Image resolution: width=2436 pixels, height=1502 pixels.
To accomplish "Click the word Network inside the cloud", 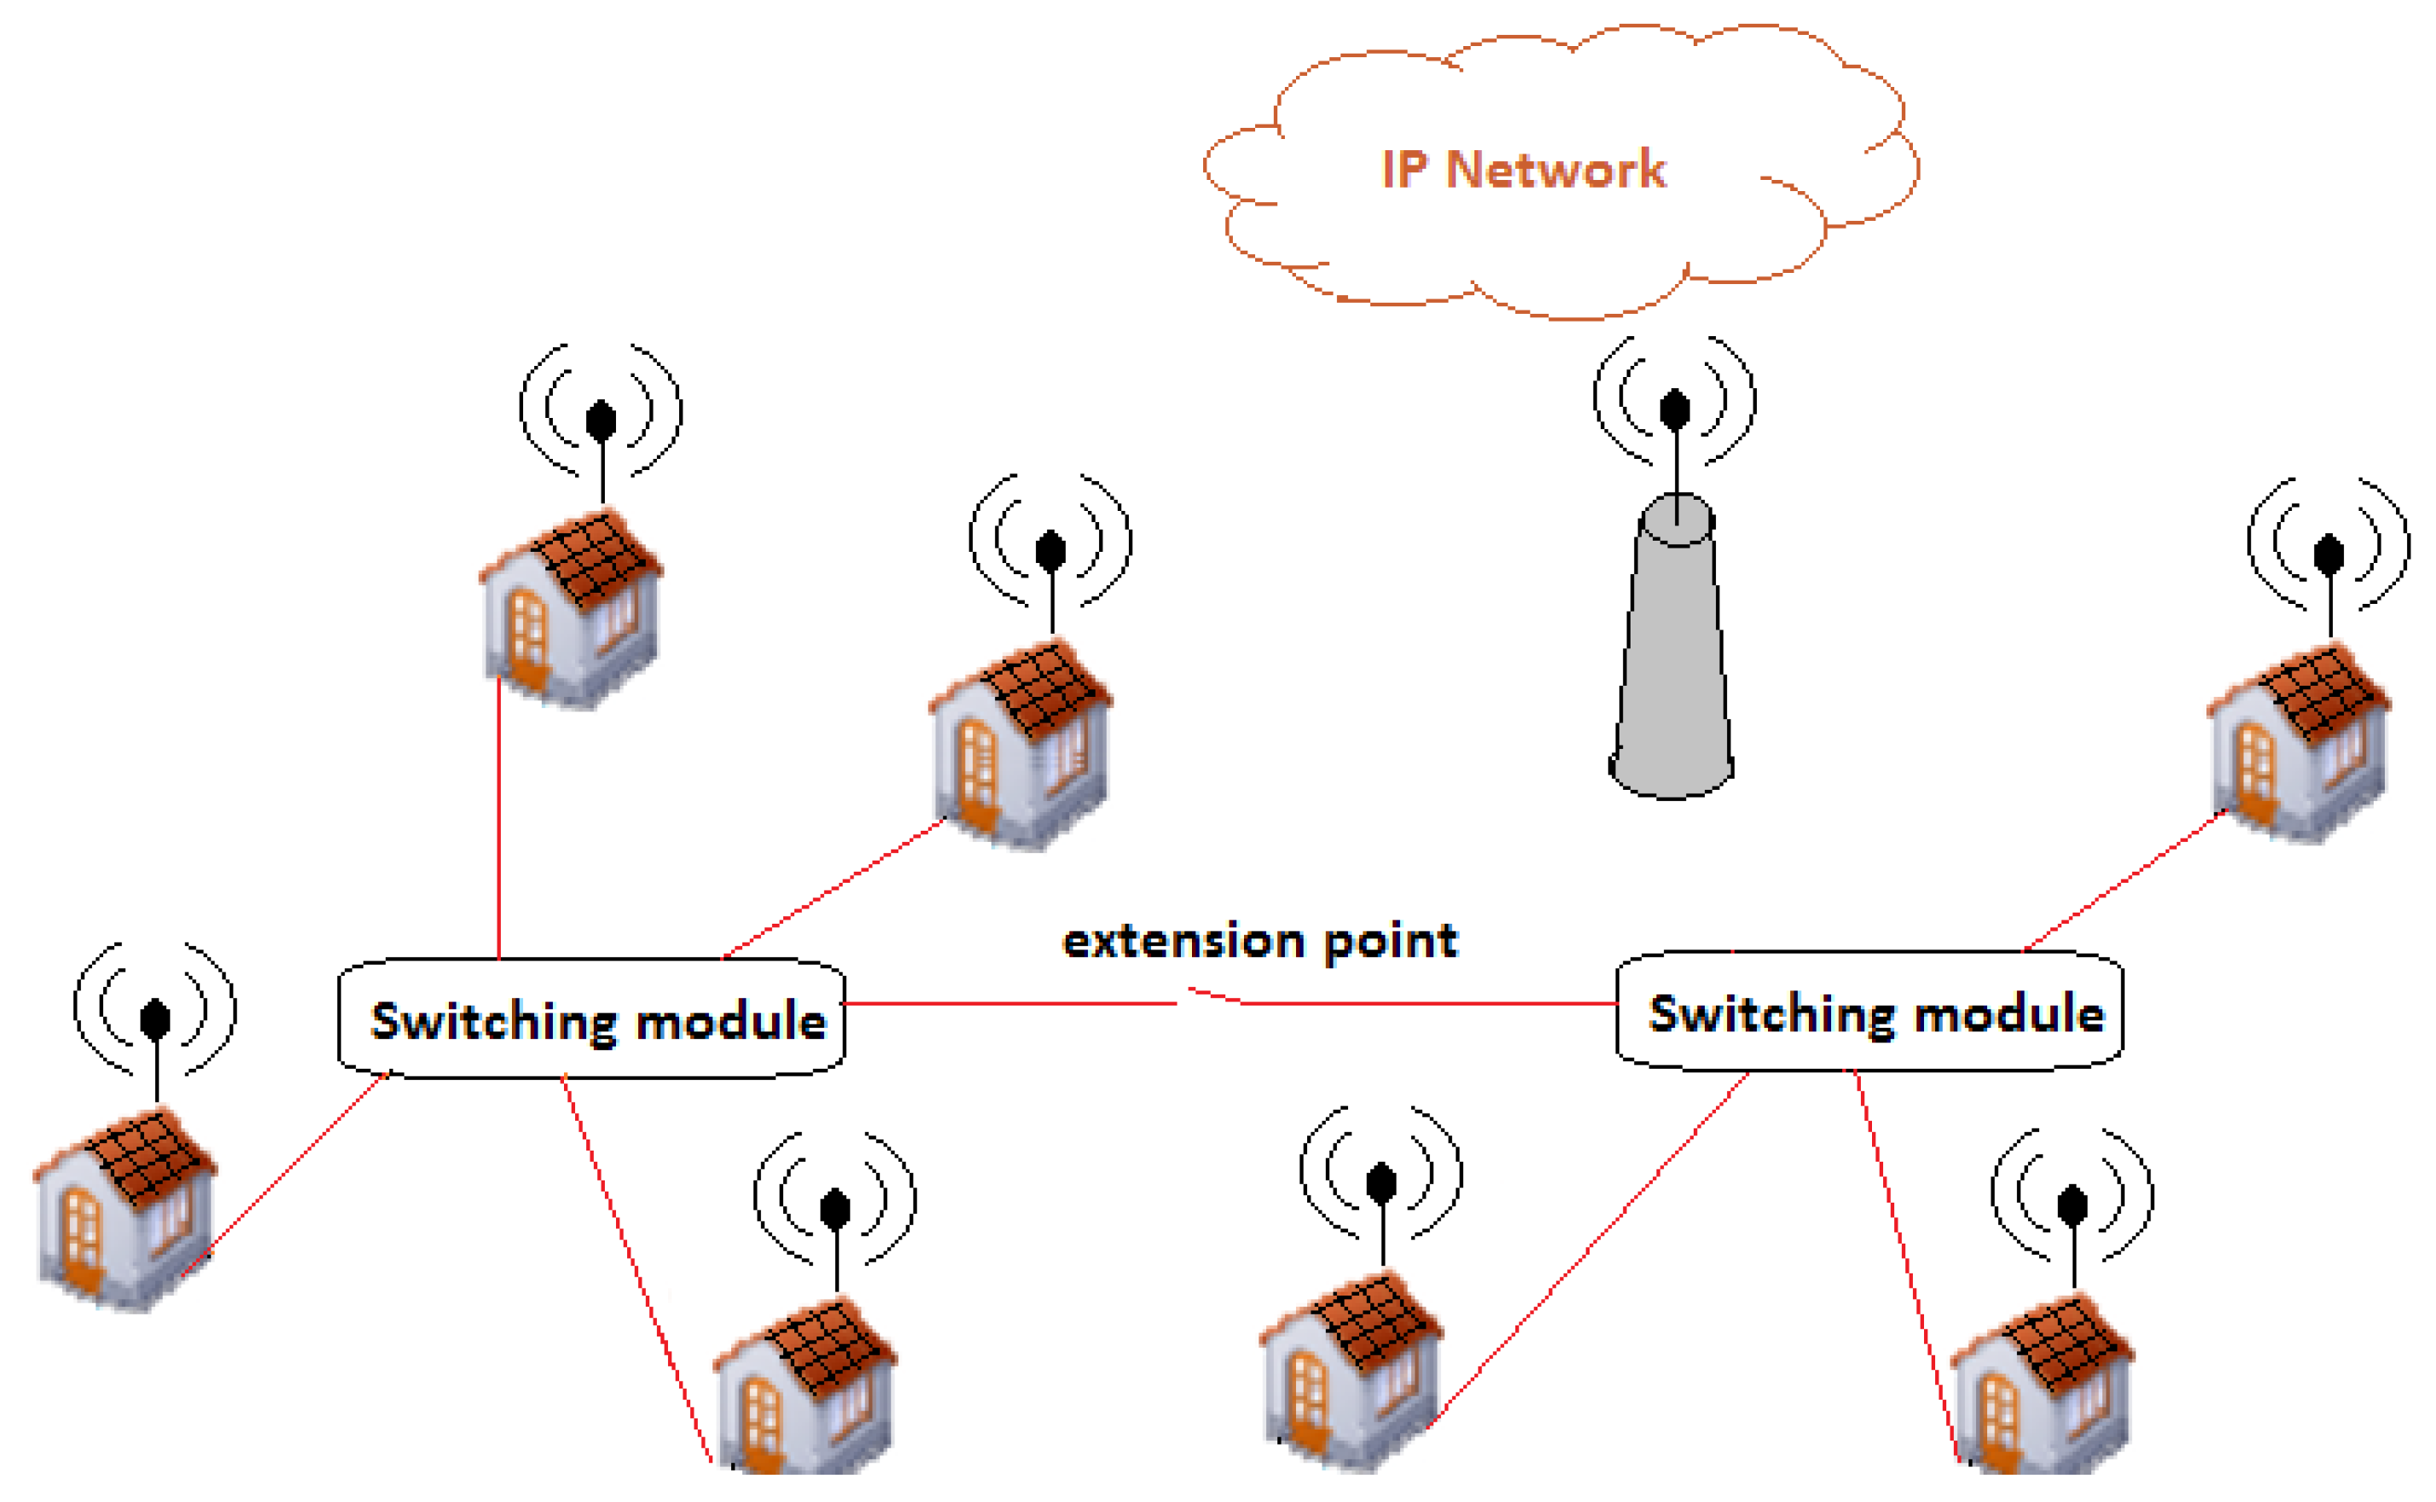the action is (1555, 169).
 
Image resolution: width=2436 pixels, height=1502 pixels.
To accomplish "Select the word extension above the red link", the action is (1183, 941).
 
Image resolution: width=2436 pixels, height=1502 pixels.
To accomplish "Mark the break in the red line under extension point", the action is (1210, 996).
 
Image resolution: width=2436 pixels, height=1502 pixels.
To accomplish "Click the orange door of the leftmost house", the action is (83, 1240).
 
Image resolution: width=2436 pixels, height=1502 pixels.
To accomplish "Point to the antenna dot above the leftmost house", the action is (155, 1020).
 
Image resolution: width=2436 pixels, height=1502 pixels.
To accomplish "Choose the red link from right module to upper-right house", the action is (2124, 881).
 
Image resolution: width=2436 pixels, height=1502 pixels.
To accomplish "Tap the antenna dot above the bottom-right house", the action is (2072, 1206).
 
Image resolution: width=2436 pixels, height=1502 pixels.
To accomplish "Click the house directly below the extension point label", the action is (1352, 1372).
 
